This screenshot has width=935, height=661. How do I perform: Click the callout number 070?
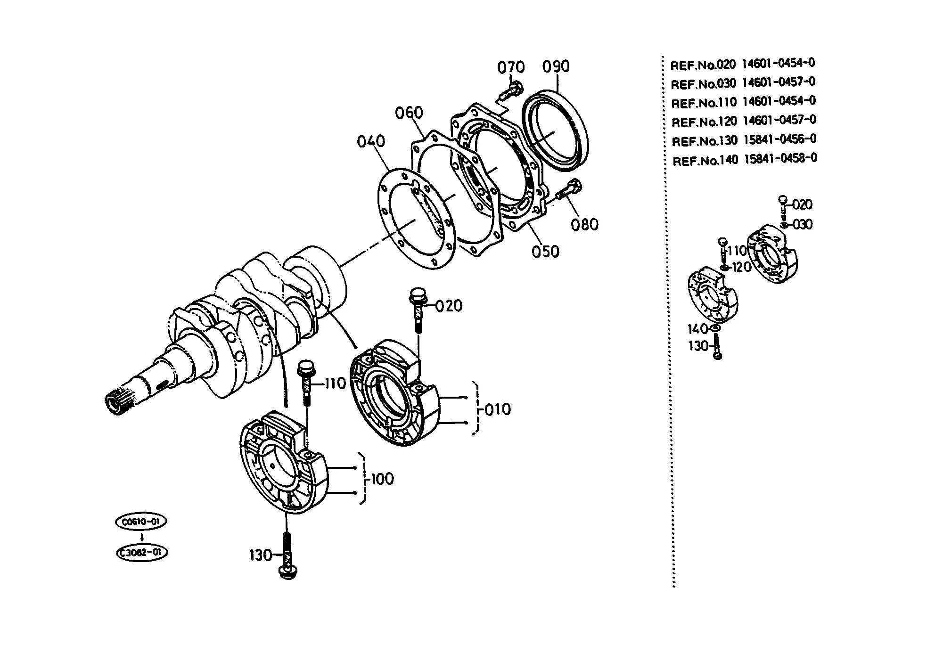click(x=511, y=67)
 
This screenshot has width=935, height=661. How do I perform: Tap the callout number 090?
click(x=556, y=66)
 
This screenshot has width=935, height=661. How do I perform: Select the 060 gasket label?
click(x=409, y=113)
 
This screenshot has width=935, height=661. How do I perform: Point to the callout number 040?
click(x=371, y=141)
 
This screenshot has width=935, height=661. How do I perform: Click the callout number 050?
click(x=546, y=252)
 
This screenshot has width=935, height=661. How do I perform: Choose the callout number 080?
click(x=585, y=225)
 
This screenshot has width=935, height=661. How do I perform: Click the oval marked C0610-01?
click(x=141, y=522)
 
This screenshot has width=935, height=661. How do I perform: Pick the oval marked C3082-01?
click(x=141, y=553)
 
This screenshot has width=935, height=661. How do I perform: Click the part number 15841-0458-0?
click(x=781, y=158)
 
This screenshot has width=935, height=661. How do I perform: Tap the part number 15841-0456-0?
click(x=780, y=139)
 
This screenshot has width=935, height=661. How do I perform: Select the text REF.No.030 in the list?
click(x=703, y=84)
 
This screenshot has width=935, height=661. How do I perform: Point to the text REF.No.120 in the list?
click(x=704, y=122)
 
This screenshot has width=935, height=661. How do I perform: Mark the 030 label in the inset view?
click(x=803, y=225)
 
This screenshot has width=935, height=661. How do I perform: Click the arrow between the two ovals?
click(x=142, y=537)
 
